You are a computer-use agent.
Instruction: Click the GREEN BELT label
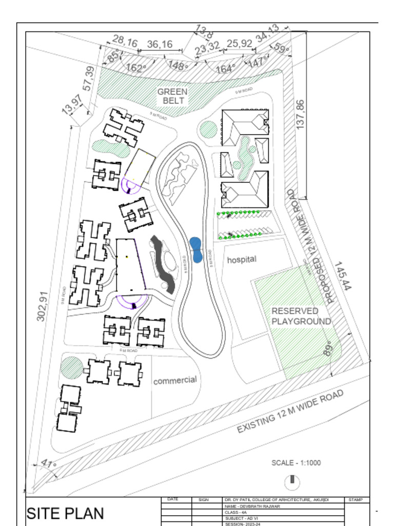coord(172,96)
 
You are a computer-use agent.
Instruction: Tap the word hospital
coord(242,259)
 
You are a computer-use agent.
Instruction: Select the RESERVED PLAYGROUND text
coord(301,316)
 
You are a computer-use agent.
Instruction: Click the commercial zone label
coord(174,381)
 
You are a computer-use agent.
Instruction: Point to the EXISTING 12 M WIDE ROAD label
coord(290,411)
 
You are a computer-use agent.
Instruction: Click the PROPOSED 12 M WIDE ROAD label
coord(314,246)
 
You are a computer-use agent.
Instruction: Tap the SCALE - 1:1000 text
coord(296,463)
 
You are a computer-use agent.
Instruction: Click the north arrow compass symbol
coord(292,482)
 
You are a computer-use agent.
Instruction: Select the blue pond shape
coord(195,250)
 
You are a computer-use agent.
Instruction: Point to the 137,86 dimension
coord(301,114)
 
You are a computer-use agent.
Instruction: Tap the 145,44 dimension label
coord(343,276)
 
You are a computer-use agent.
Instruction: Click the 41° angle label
coord(48,464)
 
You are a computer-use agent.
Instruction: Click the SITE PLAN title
coord(65,513)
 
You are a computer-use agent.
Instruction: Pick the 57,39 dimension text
coord(89,79)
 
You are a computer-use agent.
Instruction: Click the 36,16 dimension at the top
coord(160,45)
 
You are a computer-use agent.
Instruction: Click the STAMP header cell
coord(356,499)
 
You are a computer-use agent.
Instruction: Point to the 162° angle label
coord(136,68)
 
